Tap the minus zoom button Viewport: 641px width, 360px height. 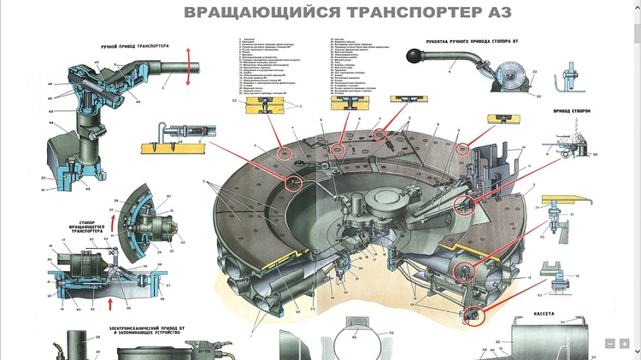(610, 343)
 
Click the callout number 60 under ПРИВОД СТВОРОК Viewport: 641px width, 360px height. (595, 154)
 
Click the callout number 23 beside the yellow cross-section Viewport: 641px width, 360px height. (233, 101)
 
